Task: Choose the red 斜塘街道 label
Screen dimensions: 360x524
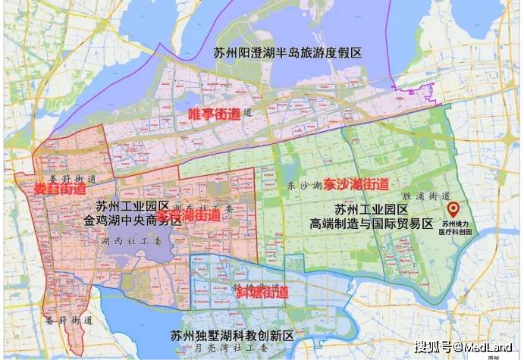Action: (262, 292)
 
